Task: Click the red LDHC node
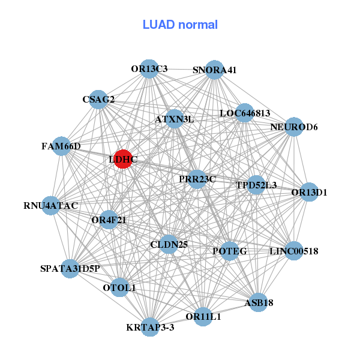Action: click(122, 160)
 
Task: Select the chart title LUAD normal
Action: click(180, 25)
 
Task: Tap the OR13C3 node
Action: click(149, 69)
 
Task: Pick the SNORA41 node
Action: click(214, 70)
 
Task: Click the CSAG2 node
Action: click(98, 99)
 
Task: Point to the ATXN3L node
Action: click(175, 119)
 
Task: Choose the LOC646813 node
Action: click(244, 113)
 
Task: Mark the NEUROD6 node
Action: click(293, 127)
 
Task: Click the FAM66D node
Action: click(62, 146)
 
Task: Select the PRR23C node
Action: click(197, 179)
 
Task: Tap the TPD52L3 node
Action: click(256, 185)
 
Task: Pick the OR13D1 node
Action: click(309, 193)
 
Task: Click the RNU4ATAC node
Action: click(51, 206)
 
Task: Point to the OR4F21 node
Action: click(109, 220)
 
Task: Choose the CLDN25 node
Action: click(169, 244)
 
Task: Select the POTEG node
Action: click(230, 251)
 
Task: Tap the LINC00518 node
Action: click(293, 251)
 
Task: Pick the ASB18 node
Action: click(259, 303)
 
